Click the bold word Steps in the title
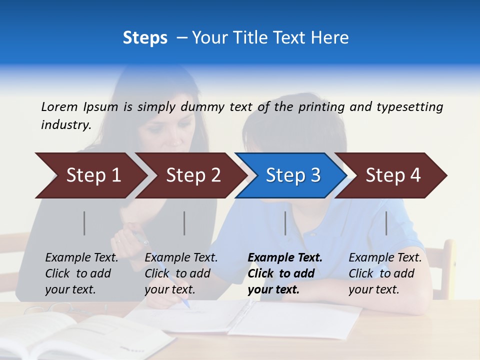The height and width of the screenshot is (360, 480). [x=145, y=38]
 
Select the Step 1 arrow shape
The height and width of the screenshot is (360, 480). [x=90, y=175]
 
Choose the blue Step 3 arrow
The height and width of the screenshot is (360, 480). [x=292, y=175]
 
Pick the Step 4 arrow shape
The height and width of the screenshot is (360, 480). [x=392, y=175]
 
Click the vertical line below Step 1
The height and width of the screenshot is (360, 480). [x=84, y=223]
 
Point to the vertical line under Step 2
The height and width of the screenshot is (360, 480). [x=184, y=223]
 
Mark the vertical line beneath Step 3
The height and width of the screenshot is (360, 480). [x=285, y=223]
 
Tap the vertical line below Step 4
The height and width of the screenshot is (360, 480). [x=386, y=223]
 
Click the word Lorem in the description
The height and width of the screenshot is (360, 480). [x=59, y=106]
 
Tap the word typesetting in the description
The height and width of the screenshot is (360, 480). [x=409, y=107]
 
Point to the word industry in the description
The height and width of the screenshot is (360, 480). [x=65, y=125]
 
